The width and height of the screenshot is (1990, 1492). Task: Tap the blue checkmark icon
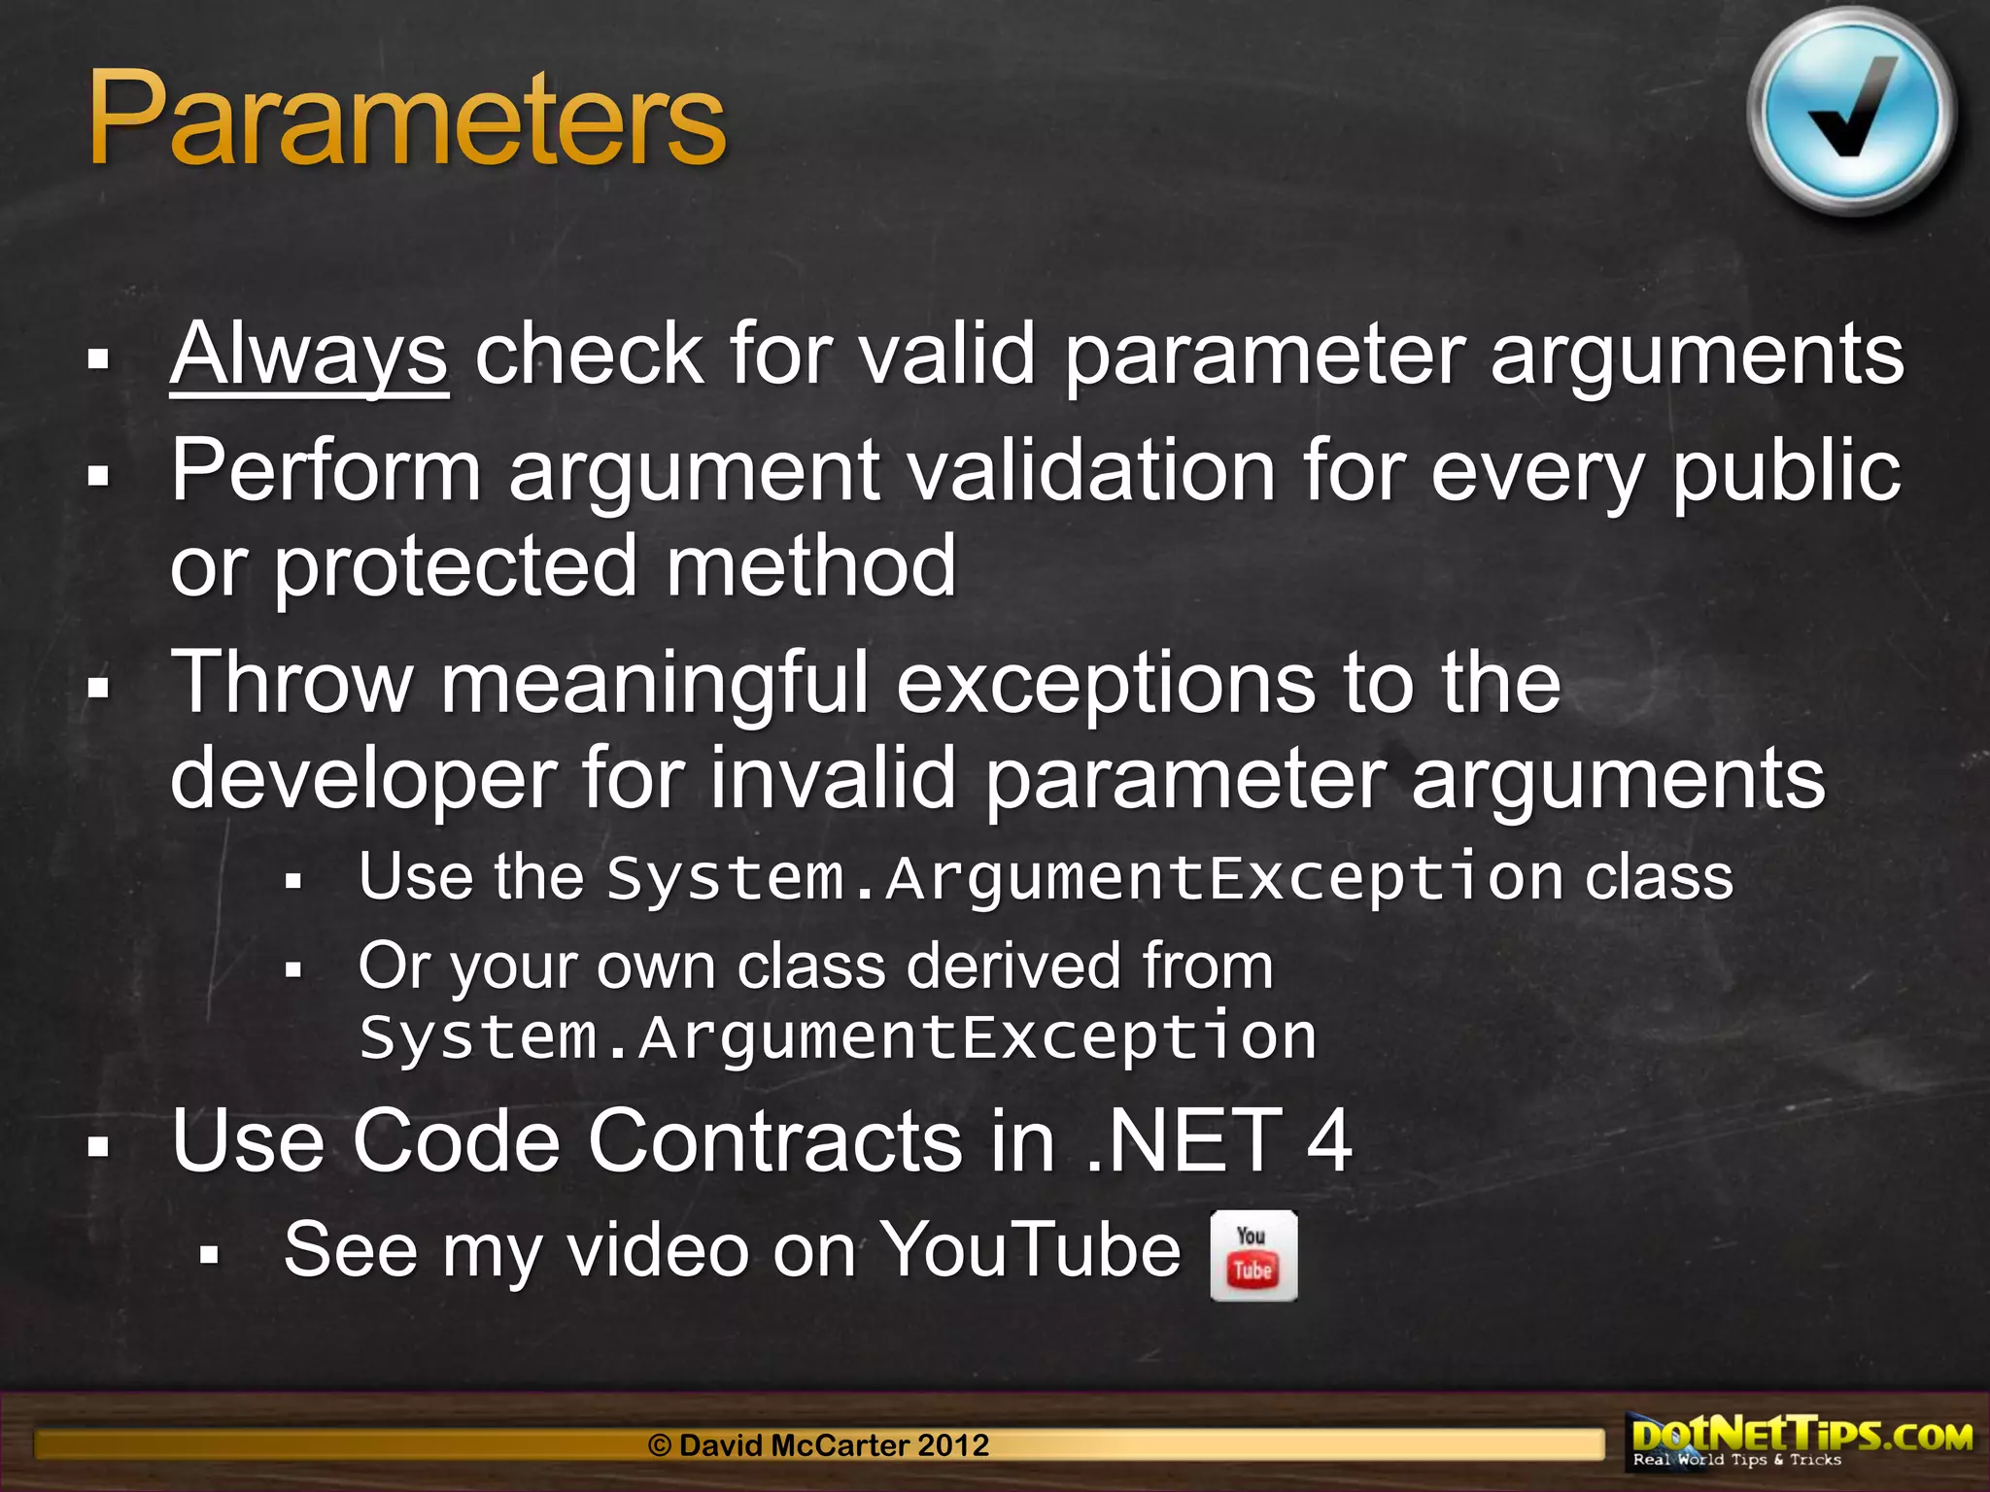[1851, 113]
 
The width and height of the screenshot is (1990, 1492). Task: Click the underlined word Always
[309, 356]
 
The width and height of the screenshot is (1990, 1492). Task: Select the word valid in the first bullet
[948, 356]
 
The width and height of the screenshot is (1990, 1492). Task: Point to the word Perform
[326, 472]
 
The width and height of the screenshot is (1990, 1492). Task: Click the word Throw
[292, 684]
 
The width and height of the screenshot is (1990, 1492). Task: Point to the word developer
[363, 780]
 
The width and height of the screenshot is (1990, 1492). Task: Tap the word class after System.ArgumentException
[1659, 878]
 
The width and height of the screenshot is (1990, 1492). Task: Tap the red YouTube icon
[1253, 1255]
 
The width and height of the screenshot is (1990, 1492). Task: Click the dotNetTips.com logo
[1801, 1441]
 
